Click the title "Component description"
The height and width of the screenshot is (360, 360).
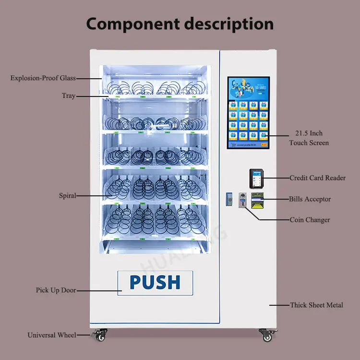coord(180,24)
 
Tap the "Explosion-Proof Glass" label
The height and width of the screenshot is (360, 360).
coord(43,78)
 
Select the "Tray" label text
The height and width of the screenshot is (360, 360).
coord(69,96)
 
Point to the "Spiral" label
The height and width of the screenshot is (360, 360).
coord(67,196)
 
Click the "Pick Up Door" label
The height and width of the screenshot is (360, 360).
coord(56,290)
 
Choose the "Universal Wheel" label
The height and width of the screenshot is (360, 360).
coord(52,335)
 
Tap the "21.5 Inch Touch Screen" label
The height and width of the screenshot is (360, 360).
coord(309,138)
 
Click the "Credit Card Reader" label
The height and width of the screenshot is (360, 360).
coord(317,178)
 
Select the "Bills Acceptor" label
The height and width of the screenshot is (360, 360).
coord(310,199)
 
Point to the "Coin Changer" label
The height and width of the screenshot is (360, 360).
coord(310,220)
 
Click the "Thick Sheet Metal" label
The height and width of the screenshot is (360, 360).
coord(316,305)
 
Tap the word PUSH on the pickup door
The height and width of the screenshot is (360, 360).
coord(155,282)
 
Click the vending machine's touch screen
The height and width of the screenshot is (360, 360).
coord(248,112)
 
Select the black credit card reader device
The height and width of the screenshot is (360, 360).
coord(255,178)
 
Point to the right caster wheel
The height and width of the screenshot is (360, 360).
coord(265,335)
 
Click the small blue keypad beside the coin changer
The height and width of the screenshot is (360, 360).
coord(228,198)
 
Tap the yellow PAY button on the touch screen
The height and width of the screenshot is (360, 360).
coord(264,144)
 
